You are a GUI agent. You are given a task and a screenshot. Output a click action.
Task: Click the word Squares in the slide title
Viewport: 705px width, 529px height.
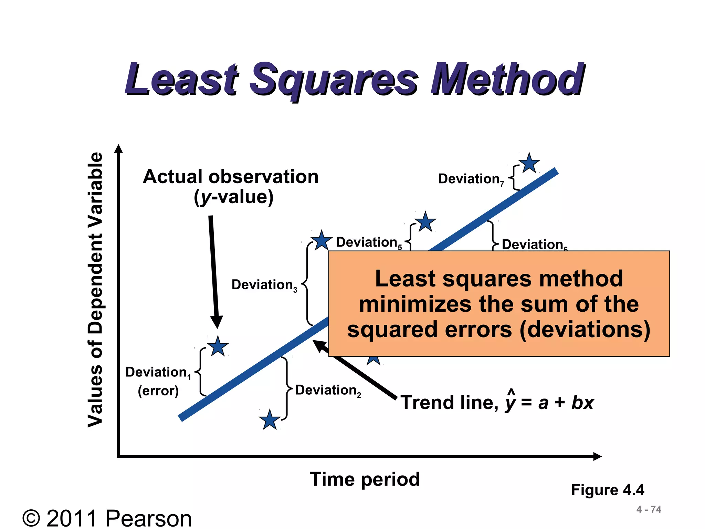[x=333, y=80]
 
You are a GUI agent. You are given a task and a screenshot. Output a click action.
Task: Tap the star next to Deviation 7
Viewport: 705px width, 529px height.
[x=529, y=163]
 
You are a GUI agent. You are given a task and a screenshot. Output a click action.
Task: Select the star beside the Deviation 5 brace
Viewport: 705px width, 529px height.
[x=425, y=222]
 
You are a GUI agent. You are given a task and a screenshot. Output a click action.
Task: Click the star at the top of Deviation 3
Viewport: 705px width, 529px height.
[x=321, y=240]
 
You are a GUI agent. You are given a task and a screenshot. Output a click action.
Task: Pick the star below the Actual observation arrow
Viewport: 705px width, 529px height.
[x=218, y=346]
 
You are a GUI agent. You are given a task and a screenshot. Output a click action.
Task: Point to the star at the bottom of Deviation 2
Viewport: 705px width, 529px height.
[x=270, y=420]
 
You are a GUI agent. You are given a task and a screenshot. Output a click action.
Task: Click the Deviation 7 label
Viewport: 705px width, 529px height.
[x=471, y=179]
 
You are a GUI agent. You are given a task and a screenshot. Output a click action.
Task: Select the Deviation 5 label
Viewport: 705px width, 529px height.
[x=369, y=242]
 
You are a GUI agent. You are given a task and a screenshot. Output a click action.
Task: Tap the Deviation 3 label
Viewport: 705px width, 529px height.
[x=264, y=285]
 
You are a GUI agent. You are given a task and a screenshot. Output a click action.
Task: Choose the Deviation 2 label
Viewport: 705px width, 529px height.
[x=328, y=391]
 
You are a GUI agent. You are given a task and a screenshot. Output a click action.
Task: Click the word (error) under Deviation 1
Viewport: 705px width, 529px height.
[x=158, y=391]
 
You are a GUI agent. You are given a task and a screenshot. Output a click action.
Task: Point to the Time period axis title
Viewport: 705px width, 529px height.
[x=365, y=479]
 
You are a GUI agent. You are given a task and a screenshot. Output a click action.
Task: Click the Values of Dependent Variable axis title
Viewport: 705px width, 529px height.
[x=95, y=289]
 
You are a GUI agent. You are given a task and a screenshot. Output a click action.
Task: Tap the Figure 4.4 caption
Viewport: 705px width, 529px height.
[x=608, y=490]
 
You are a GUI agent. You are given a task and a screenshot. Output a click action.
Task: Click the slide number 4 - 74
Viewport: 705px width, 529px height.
[x=649, y=509]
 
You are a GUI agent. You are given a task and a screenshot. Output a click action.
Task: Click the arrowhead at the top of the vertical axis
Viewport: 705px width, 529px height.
[x=118, y=148]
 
